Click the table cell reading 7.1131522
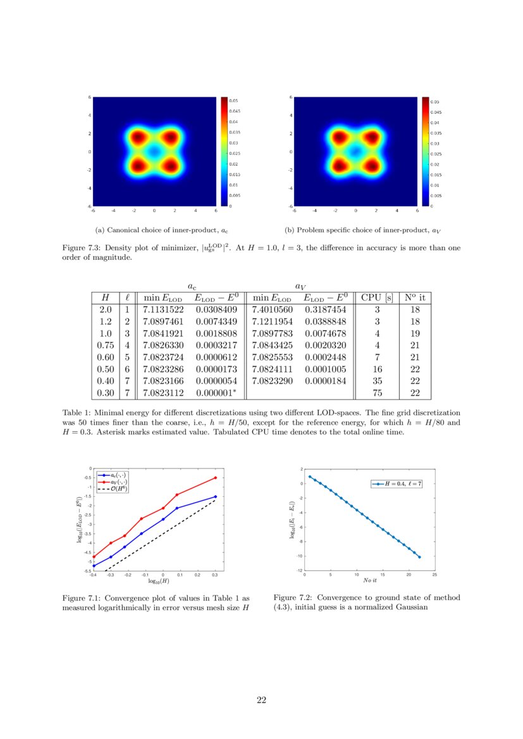point(163,310)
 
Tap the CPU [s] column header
point(376,297)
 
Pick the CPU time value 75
point(376,393)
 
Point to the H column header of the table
point(105,297)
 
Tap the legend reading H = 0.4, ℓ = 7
point(398,484)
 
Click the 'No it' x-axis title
point(370,580)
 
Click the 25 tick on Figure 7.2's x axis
point(434,575)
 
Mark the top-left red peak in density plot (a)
point(138,137)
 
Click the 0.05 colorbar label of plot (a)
point(233,101)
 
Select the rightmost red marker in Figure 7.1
point(215,478)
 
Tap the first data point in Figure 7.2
point(310,477)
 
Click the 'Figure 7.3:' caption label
point(82,248)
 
